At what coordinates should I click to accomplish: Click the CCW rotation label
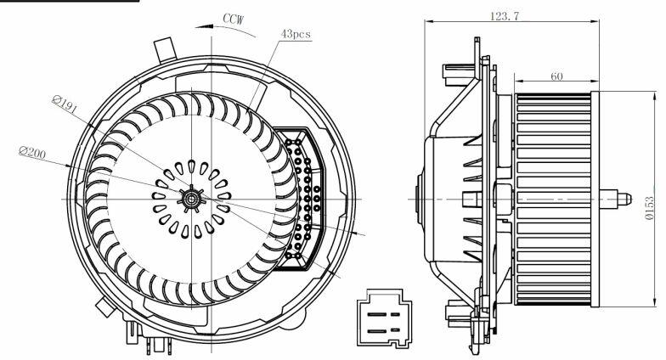point(234,19)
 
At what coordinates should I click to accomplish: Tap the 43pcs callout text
point(296,34)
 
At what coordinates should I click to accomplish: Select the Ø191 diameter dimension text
point(65,104)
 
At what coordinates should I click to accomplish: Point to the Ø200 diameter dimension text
point(32,153)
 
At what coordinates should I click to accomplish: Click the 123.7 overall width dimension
point(505,16)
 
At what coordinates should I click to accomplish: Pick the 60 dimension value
point(556,76)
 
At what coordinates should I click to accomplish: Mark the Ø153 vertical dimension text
point(649,208)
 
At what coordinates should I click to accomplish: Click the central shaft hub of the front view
point(191,199)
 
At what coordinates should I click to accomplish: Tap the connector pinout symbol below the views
point(384,318)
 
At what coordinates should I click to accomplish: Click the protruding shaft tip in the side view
point(624,199)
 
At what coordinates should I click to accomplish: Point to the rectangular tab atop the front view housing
point(165,49)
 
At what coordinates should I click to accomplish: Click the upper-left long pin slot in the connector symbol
point(377,314)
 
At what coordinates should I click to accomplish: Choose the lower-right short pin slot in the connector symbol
point(396,329)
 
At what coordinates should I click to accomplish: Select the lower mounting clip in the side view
point(459,311)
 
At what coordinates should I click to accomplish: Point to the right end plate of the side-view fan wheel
point(595,199)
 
